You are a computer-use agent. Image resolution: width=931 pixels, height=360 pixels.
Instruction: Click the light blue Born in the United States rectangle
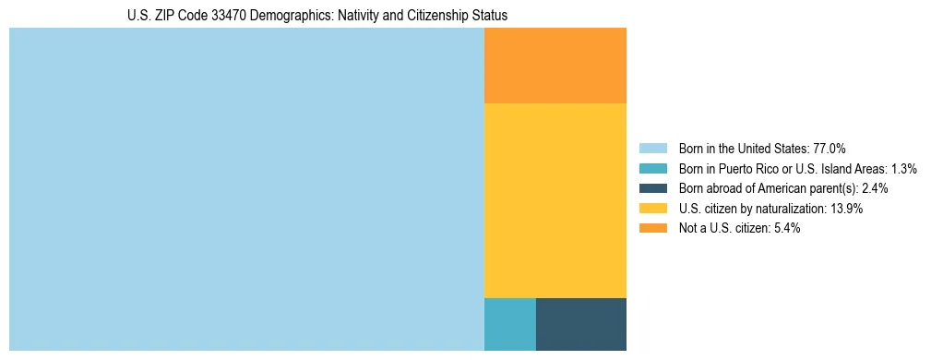click(x=246, y=189)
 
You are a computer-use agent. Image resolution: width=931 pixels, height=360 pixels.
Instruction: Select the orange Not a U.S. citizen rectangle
click(x=555, y=66)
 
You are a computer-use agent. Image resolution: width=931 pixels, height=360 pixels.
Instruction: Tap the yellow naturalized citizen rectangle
click(x=555, y=200)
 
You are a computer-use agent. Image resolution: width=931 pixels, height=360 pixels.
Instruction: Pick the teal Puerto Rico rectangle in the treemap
click(x=509, y=324)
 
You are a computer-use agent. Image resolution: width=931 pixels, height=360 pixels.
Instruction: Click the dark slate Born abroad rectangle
click(x=581, y=324)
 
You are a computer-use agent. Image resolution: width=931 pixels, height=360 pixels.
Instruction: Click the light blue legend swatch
click(x=652, y=149)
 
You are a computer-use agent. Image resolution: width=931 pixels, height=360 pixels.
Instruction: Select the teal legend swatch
click(x=652, y=169)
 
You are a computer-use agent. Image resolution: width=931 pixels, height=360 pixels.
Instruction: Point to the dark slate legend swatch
click(x=652, y=188)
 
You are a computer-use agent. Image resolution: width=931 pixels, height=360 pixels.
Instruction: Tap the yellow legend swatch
click(x=652, y=209)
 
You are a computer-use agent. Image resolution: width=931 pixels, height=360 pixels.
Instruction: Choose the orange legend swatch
click(x=652, y=228)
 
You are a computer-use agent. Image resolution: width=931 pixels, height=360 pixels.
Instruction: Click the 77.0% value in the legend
click(x=829, y=149)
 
